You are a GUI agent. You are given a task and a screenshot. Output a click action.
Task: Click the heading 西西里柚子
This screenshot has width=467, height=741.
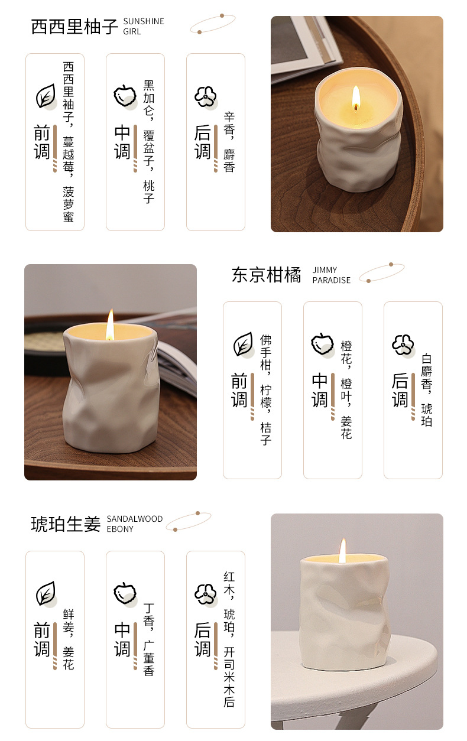(x=74, y=27)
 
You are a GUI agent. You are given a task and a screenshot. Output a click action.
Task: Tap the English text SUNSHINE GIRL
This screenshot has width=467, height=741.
(x=144, y=27)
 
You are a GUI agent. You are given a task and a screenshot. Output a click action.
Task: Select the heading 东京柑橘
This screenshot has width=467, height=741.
(x=267, y=275)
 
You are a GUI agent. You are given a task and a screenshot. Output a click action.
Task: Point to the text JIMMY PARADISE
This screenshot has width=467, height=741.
(x=331, y=275)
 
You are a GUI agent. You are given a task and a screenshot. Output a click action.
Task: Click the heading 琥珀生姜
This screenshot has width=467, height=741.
(x=66, y=524)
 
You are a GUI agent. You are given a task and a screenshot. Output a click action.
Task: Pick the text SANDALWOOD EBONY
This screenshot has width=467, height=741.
(x=135, y=524)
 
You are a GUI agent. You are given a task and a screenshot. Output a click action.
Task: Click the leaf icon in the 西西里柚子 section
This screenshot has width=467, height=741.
(x=46, y=96)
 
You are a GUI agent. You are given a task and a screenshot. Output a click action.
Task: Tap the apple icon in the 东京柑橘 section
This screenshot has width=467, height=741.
(x=322, y=344)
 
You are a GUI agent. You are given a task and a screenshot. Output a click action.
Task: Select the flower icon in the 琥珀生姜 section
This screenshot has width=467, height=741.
(x=206, y=594)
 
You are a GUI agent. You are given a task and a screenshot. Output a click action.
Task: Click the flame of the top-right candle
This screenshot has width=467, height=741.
(x=356, y=97)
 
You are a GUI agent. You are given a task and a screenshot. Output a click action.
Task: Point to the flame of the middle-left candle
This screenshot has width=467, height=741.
(x=110, y=324)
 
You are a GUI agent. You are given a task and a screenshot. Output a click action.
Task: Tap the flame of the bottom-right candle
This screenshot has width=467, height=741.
(x=342, y=551)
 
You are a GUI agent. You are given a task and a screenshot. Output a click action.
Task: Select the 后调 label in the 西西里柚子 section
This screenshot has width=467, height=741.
(x=202, y=142)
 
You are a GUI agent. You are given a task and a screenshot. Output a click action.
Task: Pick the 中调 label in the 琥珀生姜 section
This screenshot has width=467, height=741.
(x=122, y=639)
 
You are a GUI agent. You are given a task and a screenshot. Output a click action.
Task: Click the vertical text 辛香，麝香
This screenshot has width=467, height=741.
(x=229, y=142)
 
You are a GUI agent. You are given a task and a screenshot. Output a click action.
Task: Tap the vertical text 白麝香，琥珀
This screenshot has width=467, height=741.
(x=427, y=391)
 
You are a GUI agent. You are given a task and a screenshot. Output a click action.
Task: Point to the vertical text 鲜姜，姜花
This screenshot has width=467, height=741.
(x=69, y=639)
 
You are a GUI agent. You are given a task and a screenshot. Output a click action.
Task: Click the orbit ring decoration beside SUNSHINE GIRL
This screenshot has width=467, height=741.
(x=212, y=24)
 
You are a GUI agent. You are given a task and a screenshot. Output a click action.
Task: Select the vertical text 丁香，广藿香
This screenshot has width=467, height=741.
(x=149, y=639)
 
